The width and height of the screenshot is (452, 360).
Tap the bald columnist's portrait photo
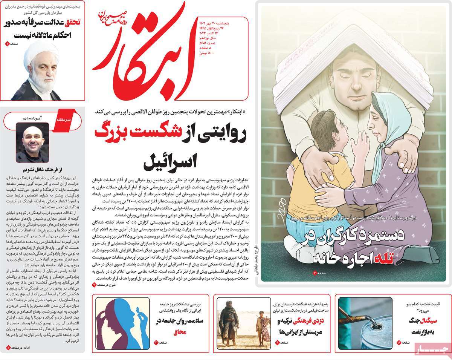(32, 142)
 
